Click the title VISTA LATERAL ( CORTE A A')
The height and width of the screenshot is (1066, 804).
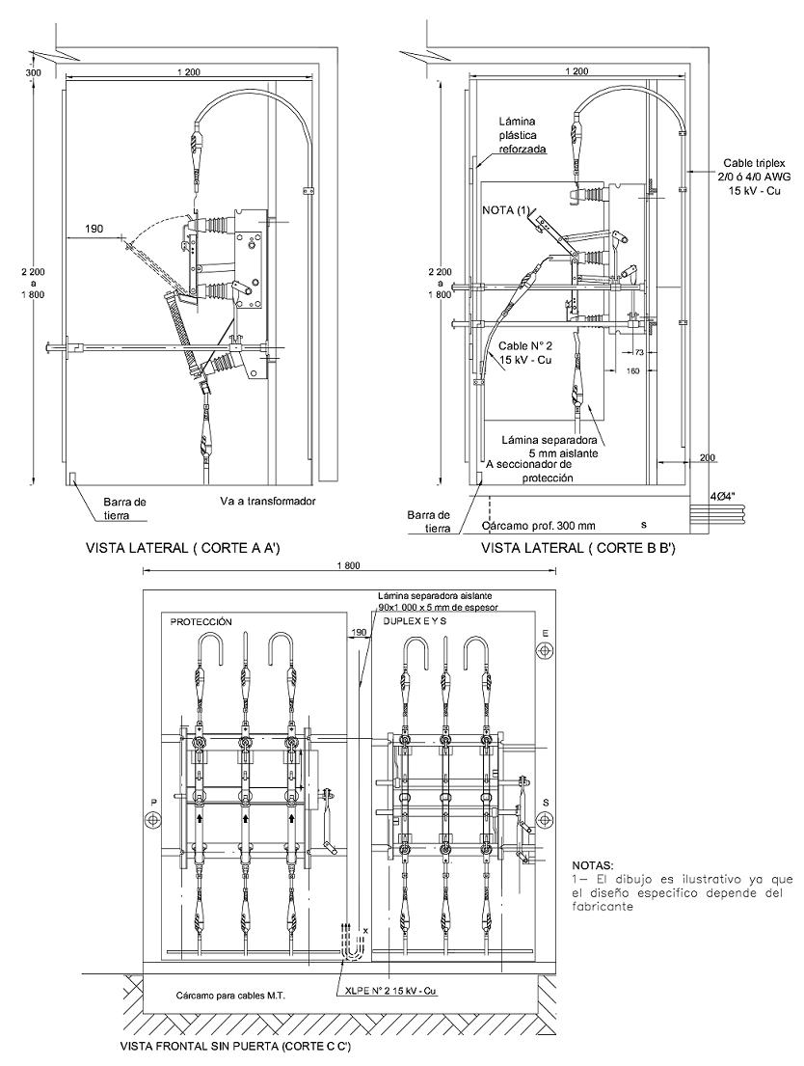[x=183, y=549]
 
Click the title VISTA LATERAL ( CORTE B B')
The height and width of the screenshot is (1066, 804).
[x=577, y=549]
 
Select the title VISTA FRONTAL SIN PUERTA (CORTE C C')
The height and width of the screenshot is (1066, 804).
[x=235, y=1047]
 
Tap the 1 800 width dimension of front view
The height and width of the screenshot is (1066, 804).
[x=349, y=565]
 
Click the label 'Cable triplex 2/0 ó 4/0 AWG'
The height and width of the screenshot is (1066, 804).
[x=754, y=170]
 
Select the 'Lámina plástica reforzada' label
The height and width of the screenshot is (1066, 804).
[x=523, y=135]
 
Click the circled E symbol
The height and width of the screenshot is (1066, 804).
[x=544, y=650]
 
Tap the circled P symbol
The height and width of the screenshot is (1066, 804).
[x=153, y=818]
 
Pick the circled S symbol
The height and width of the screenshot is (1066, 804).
[x=545, y=818]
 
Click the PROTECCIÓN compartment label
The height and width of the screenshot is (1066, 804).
[x=201, y=621]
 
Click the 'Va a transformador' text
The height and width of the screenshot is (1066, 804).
[x=268, y=501]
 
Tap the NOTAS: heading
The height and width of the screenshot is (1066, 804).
[x=593, y=866]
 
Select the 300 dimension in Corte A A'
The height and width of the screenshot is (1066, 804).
[x=33, y=72]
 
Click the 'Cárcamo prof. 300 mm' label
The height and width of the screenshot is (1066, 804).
[x=538, y=526]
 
